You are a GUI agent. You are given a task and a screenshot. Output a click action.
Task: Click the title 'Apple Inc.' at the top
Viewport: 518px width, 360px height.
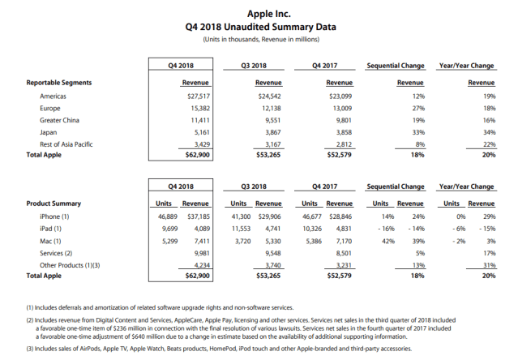[x=258, y=13]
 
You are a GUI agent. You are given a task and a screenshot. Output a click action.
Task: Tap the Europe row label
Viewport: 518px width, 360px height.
[x=49, y=107]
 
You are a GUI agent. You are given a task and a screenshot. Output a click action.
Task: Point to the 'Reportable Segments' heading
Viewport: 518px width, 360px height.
[x=58, y=82]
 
